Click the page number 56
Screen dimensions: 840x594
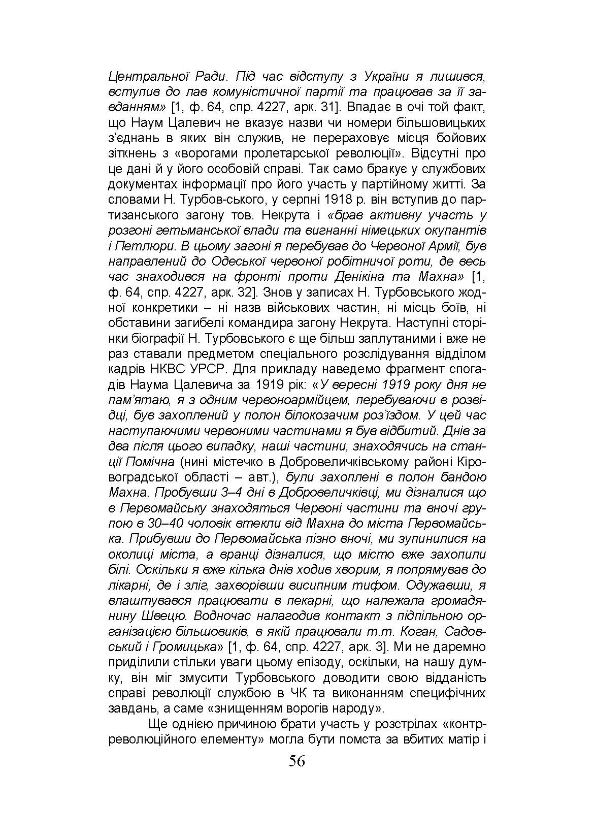tap(296, 761)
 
